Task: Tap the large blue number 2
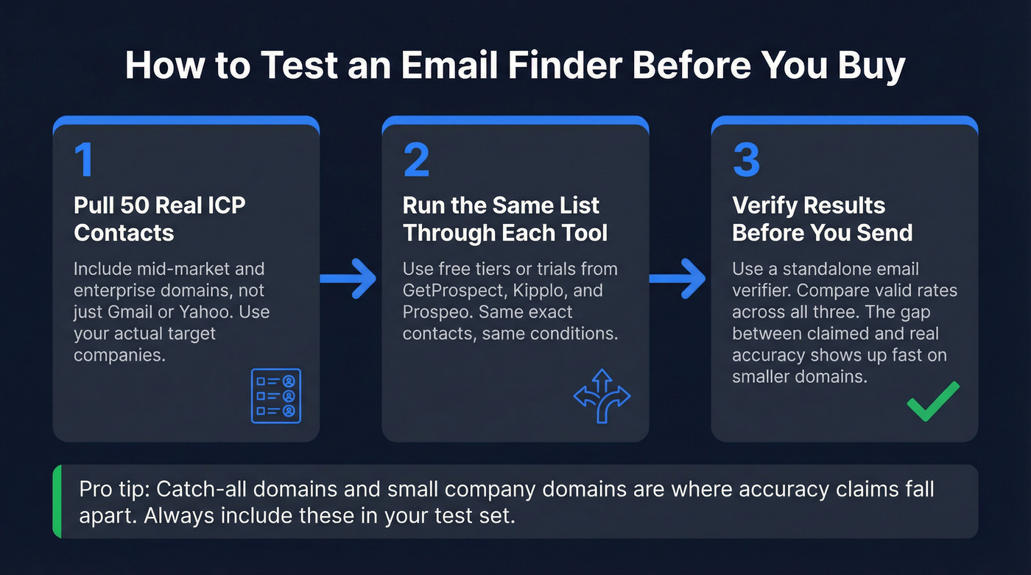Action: (x=416, y=160)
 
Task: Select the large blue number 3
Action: (x=746, y=160)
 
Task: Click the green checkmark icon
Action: (x=932, y=401)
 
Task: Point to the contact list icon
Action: (x=276, y=395)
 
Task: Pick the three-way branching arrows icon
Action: (x=602, y=395)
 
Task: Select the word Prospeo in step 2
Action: (x=437, y=311)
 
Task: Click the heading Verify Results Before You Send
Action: (x=822, y=219)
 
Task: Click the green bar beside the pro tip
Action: (x=57, y=501)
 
